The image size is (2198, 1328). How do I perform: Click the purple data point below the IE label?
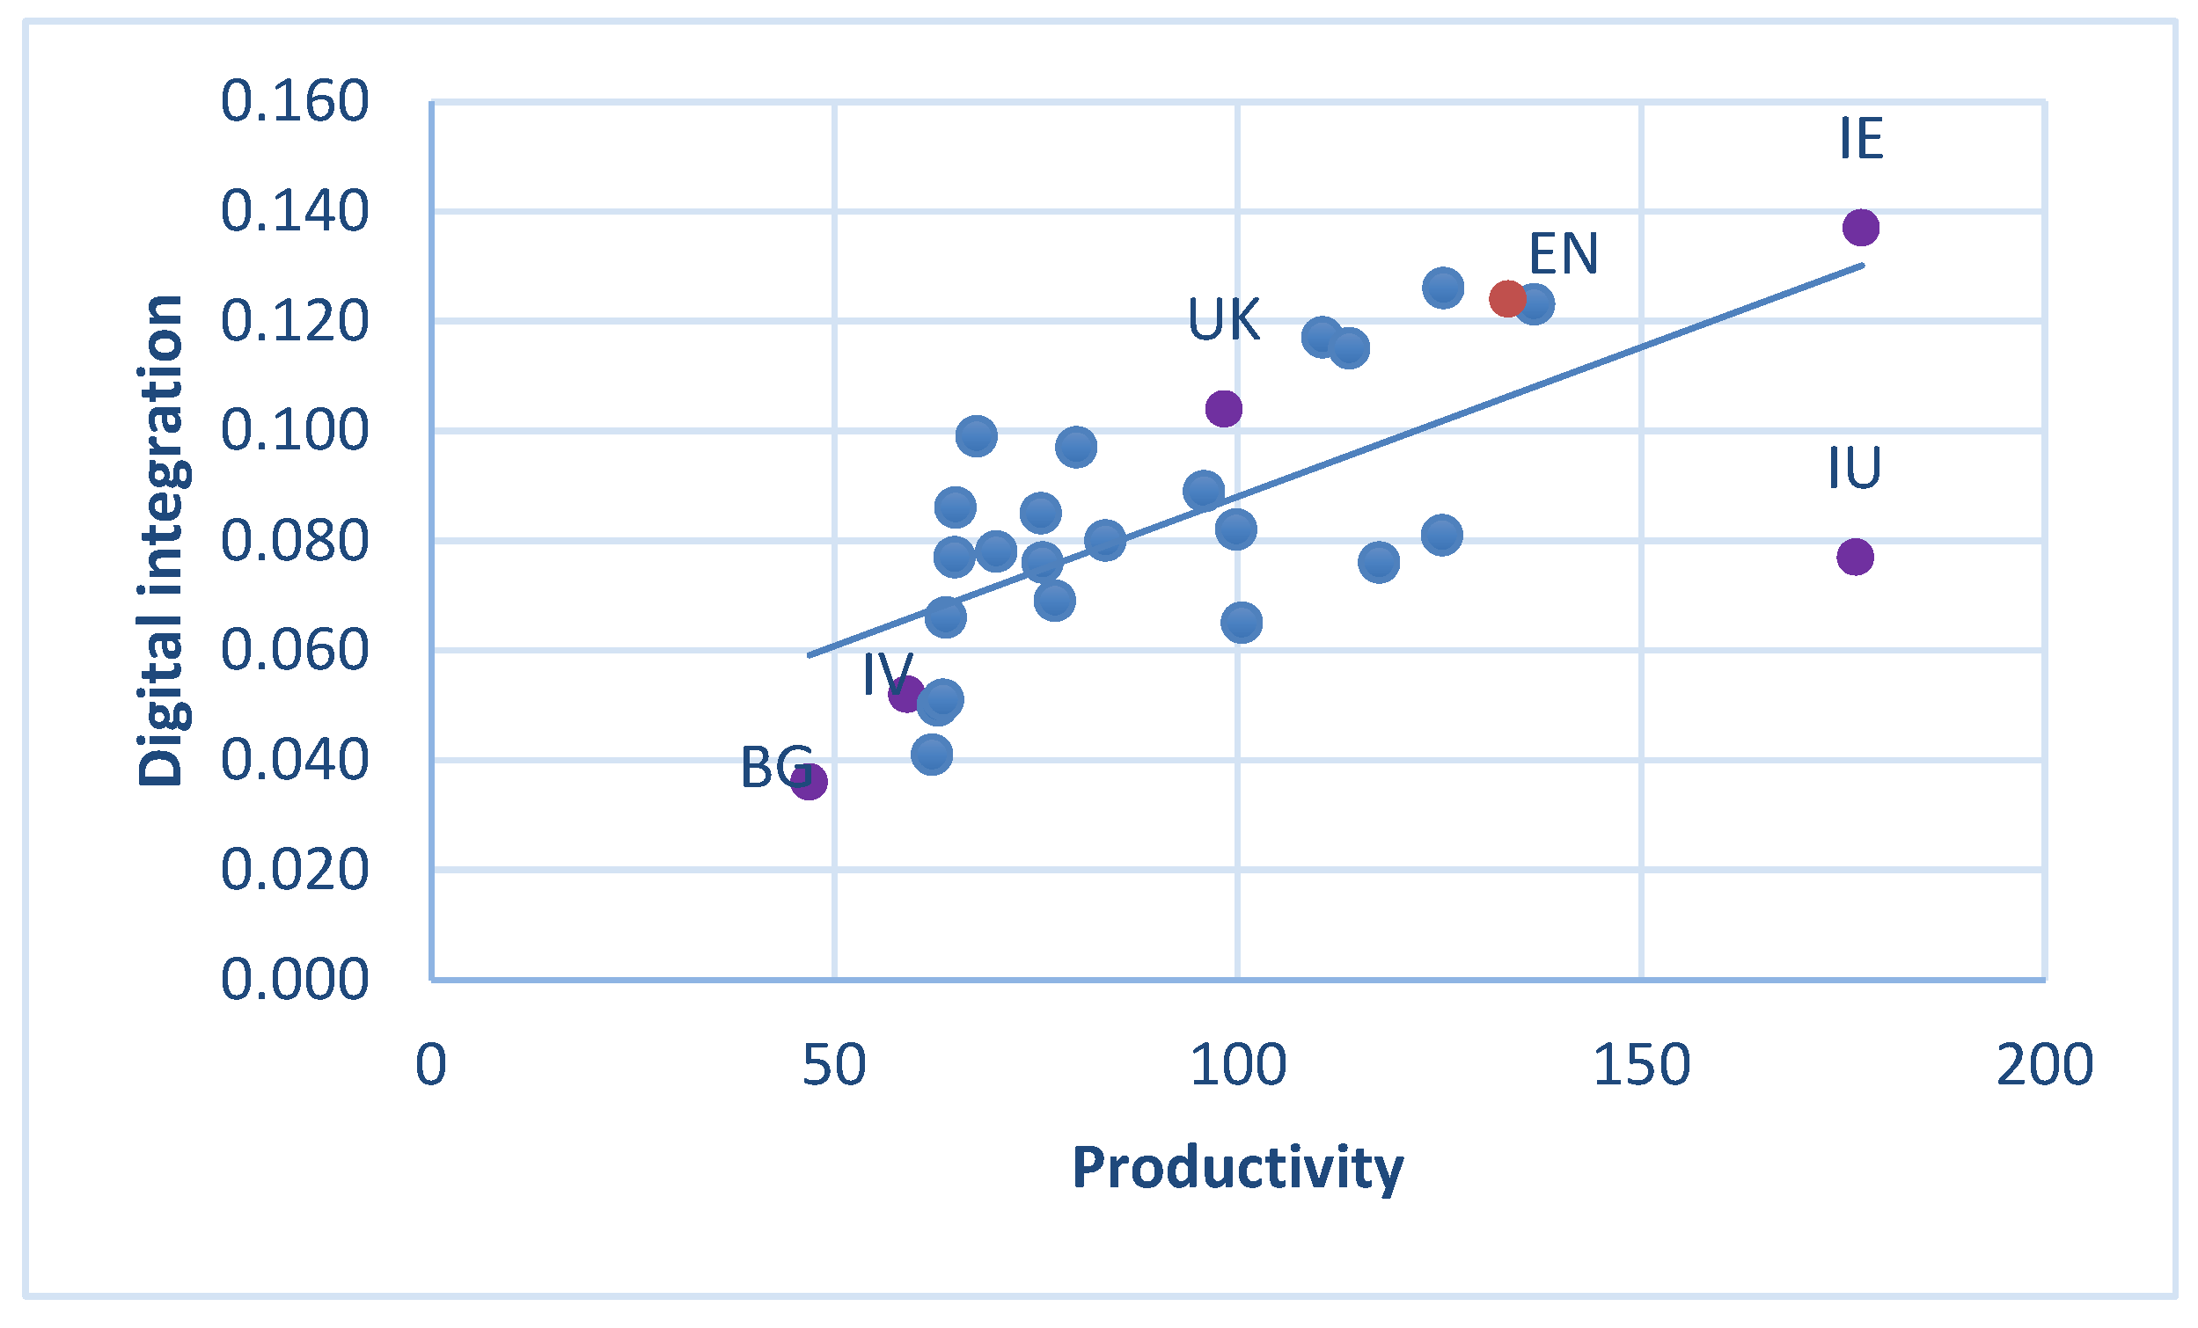[x=1861, y=227]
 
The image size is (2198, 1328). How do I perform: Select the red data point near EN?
[x=1506, y=298]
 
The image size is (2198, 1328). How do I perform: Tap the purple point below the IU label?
[x=1855, y=557]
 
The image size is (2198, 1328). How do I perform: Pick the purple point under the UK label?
[x=1223, y=408]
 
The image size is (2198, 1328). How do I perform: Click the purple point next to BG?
[x=809, y=781]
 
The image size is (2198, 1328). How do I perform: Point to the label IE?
[x=1861, y=139]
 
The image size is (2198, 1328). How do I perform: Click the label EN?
[x=1563, y=253]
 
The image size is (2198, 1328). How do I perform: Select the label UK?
[x=1223, y=319]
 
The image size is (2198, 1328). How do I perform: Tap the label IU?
[x=1854, y=467]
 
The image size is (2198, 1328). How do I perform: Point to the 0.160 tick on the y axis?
[x=295, y=101]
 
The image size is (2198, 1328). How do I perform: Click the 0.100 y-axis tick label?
[x=295, y=430]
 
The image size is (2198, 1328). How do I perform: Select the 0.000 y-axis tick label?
[x=295, y=978]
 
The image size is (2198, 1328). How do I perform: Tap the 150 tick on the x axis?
[x=1641, y=1064]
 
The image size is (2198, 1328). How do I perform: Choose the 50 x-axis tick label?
[x=833, y=1064]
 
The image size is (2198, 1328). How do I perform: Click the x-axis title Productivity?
[x=1237, y=1167]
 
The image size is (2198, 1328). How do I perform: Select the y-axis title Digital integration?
[x=161, y=540]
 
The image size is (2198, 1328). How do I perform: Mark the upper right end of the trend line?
[x=1863, y=265]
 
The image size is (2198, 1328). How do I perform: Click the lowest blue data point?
[x=931, y=755]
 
